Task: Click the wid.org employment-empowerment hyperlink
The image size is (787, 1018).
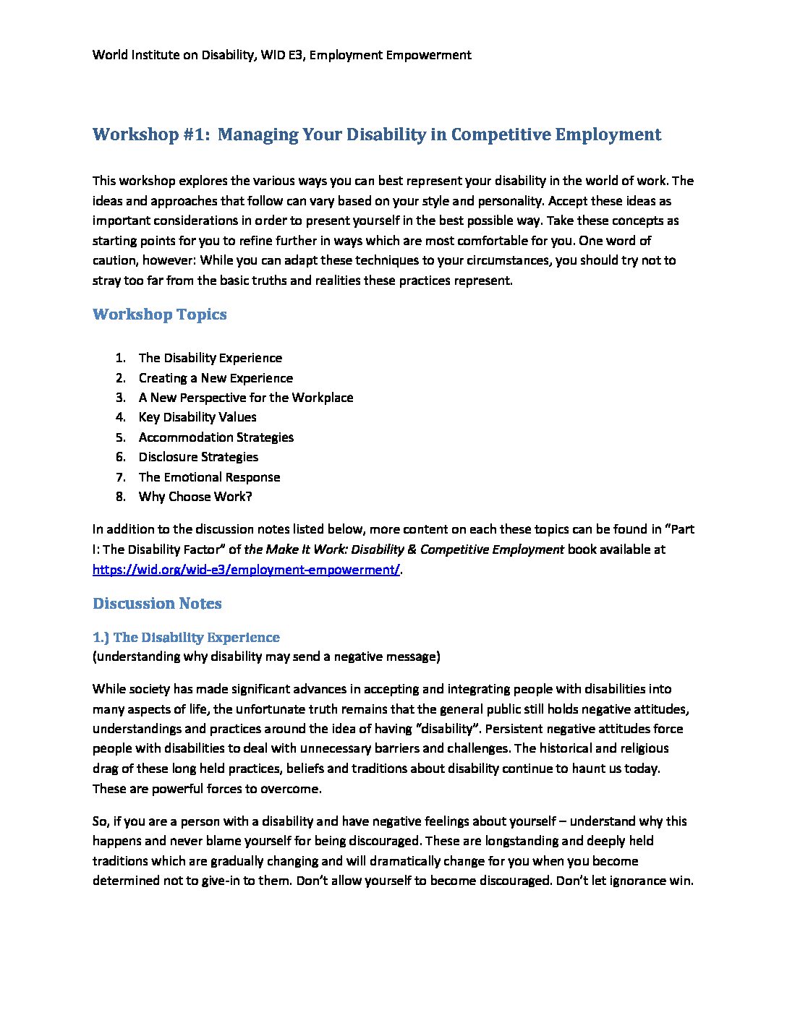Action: point(246,570)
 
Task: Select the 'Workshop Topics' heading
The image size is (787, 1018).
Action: point(160,315)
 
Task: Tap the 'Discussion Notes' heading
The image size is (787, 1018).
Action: point(157,604)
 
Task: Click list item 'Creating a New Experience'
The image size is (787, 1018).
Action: point(216,378)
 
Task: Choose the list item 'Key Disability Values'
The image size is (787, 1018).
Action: point(197,417)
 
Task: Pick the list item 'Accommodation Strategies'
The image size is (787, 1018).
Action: point(216,437)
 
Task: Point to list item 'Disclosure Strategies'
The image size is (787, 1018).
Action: point(198,457)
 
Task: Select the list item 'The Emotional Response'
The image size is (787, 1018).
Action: point(209,477)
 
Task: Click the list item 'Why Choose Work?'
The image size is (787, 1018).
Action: point(195,497)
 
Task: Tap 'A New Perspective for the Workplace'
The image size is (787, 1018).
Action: point(246,398)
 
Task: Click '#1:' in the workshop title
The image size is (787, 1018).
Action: point(194,135)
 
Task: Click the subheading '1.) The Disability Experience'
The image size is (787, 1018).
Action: point(186,638)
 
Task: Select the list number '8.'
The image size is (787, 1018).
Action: point(121,497)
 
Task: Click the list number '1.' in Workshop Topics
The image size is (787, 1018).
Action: point(121,358)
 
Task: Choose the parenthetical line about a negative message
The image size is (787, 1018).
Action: point(266,656)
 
